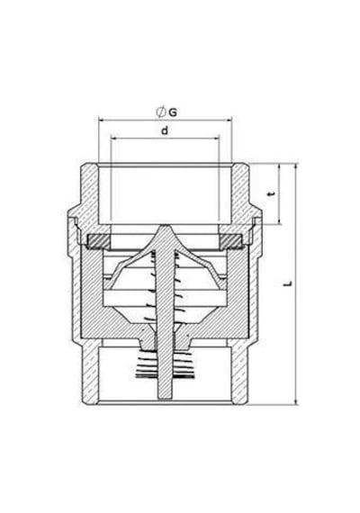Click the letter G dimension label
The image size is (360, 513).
click(x=173, y=112)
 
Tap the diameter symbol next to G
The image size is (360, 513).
click(x=161, y=112)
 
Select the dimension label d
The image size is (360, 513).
click(x=165, y=130)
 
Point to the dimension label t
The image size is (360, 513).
click(x=271, y=193)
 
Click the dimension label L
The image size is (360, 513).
click(x=288, y=283)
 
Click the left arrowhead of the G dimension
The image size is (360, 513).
click(x=102, y=120)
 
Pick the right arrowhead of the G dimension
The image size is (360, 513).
click(x=229, y=120)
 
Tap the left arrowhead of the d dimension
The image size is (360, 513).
click(x=114, y=138)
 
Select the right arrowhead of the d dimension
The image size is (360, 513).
click(x=216, y=138)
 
